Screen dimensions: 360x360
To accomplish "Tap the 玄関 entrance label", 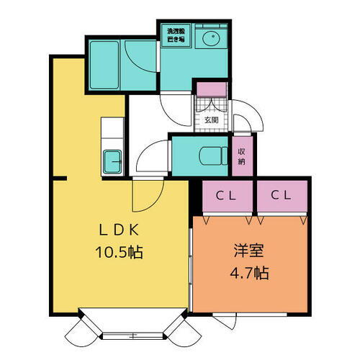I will coord(210,120).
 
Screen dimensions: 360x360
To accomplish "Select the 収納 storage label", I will coord(241,156).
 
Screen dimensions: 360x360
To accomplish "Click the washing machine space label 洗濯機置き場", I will coord(176,35).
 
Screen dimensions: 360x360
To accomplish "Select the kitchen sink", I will coord(112,161).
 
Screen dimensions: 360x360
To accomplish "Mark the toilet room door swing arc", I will coord(153,155).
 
